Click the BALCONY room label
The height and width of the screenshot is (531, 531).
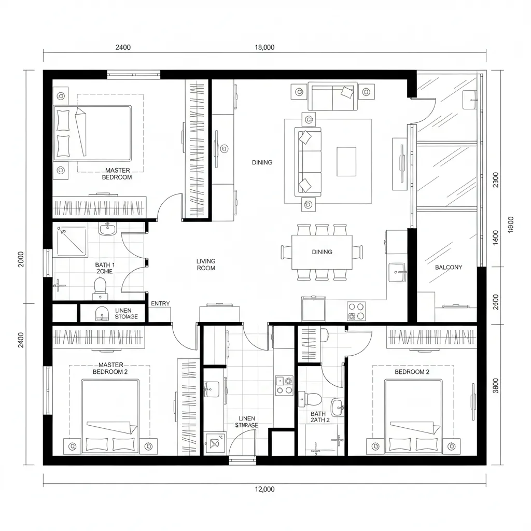tap(449, 268)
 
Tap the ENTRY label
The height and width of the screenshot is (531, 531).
tap(160, 304)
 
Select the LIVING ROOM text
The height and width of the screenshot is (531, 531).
tap(206, 264)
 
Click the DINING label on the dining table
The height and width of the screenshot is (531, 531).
tap(322, 252)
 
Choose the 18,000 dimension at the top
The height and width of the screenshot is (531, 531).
tap(264, 47)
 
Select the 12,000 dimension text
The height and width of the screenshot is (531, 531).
tap(264, 489)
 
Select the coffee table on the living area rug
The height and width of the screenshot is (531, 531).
tap(346, 161)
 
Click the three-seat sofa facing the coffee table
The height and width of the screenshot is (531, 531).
tap(308, 161)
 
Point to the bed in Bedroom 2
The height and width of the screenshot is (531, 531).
tap(413, 416)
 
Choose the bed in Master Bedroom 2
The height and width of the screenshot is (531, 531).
tap(110, 416)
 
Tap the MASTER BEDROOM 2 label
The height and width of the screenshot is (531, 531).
tap(110, 368)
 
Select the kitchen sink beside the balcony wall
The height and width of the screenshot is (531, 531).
tap(398, 270)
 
